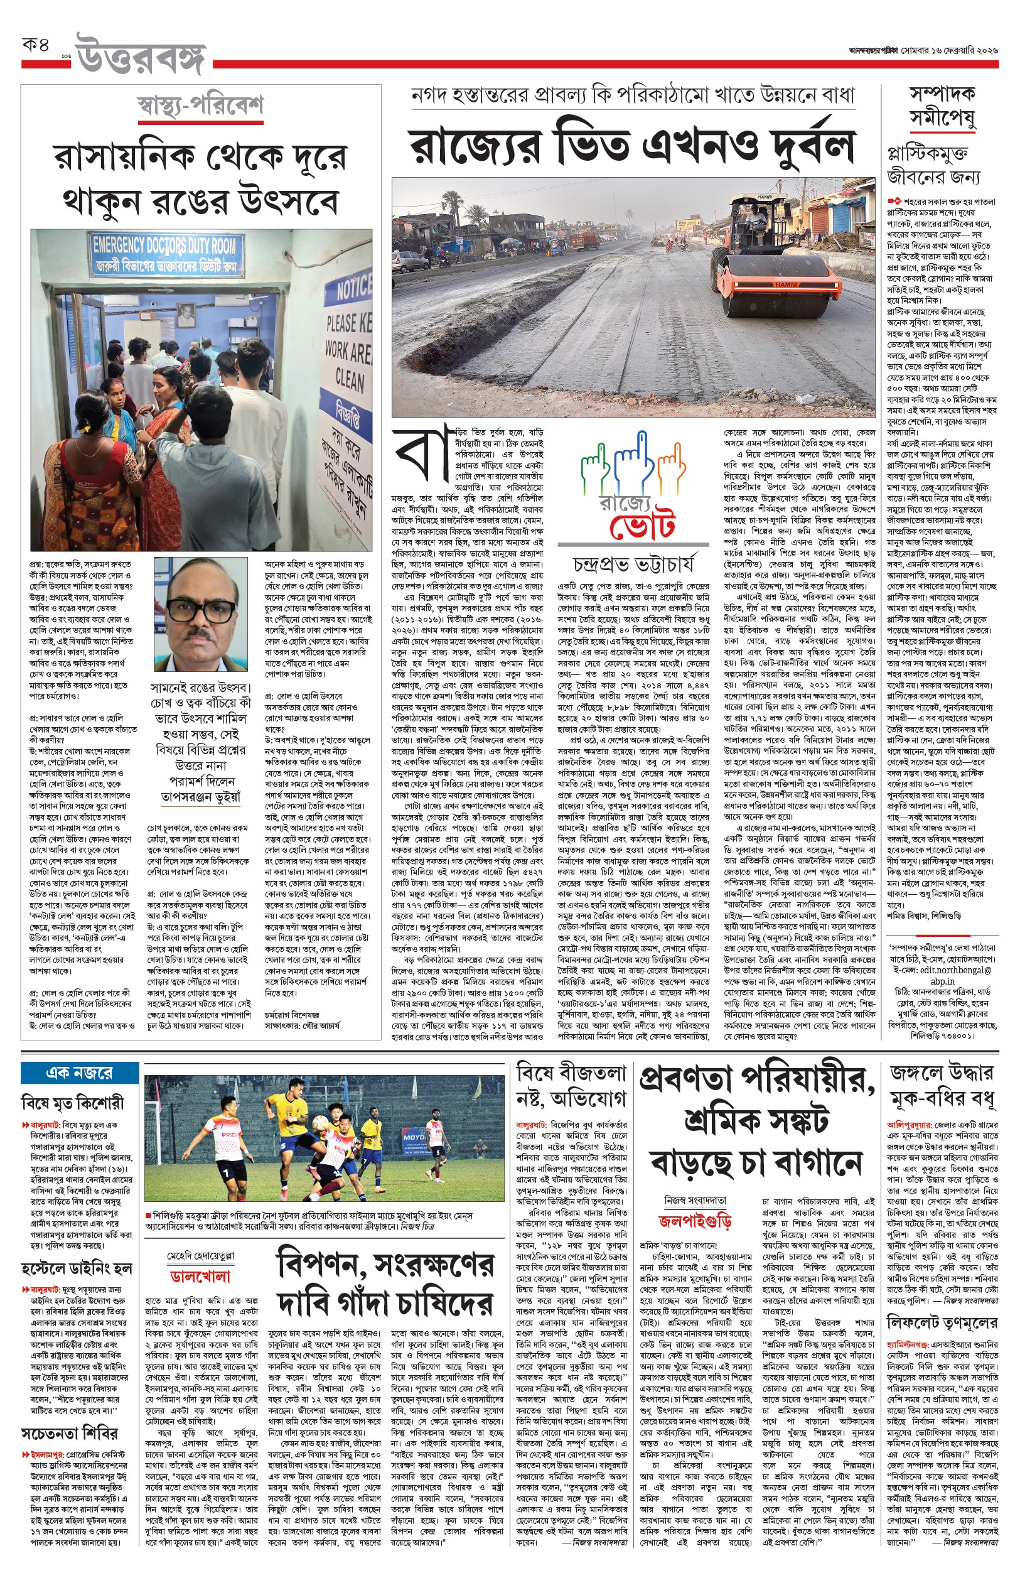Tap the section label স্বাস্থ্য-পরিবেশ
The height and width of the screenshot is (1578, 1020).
[200, 106]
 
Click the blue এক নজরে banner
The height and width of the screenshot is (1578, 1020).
[79, 1072]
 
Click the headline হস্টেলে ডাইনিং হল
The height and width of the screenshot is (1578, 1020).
[76, 1269]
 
